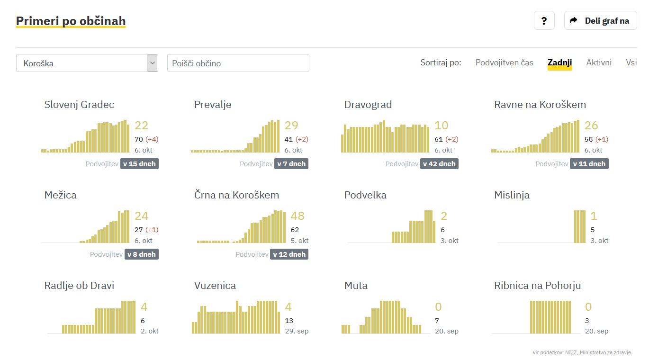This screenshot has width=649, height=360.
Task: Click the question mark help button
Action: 544,21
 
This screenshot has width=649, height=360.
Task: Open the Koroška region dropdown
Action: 87,63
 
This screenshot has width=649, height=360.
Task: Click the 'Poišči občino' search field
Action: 238,63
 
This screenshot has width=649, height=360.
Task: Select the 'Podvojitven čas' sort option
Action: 504,63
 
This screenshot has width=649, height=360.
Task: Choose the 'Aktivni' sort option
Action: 599,63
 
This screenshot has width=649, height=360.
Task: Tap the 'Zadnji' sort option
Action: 559,63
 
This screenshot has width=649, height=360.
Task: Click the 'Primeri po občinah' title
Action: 71,21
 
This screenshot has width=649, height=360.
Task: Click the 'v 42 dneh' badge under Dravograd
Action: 439,164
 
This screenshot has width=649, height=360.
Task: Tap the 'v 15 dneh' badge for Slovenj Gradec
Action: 139,164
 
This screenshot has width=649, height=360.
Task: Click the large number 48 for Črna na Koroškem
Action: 297,216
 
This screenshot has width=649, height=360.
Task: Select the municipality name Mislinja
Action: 512,195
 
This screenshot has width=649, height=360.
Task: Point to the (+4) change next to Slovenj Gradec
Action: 152,139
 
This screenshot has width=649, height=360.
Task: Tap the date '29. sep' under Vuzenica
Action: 297,331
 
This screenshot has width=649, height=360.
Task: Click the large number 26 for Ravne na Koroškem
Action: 591,126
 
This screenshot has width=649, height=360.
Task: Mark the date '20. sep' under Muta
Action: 447,331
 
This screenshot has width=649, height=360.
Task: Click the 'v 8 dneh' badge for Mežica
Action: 141,254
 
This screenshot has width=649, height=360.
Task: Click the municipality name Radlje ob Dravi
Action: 79,286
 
